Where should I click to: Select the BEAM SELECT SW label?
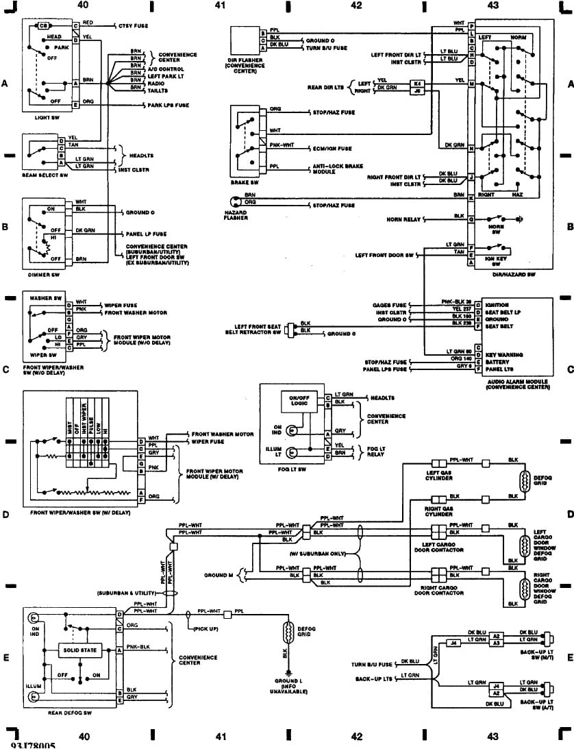coord(45,175)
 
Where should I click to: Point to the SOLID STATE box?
coord(81,650)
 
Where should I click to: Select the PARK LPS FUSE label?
coord(168,105)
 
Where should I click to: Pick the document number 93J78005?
coord(33,744)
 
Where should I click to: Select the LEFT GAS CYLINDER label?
coord(438,476)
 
